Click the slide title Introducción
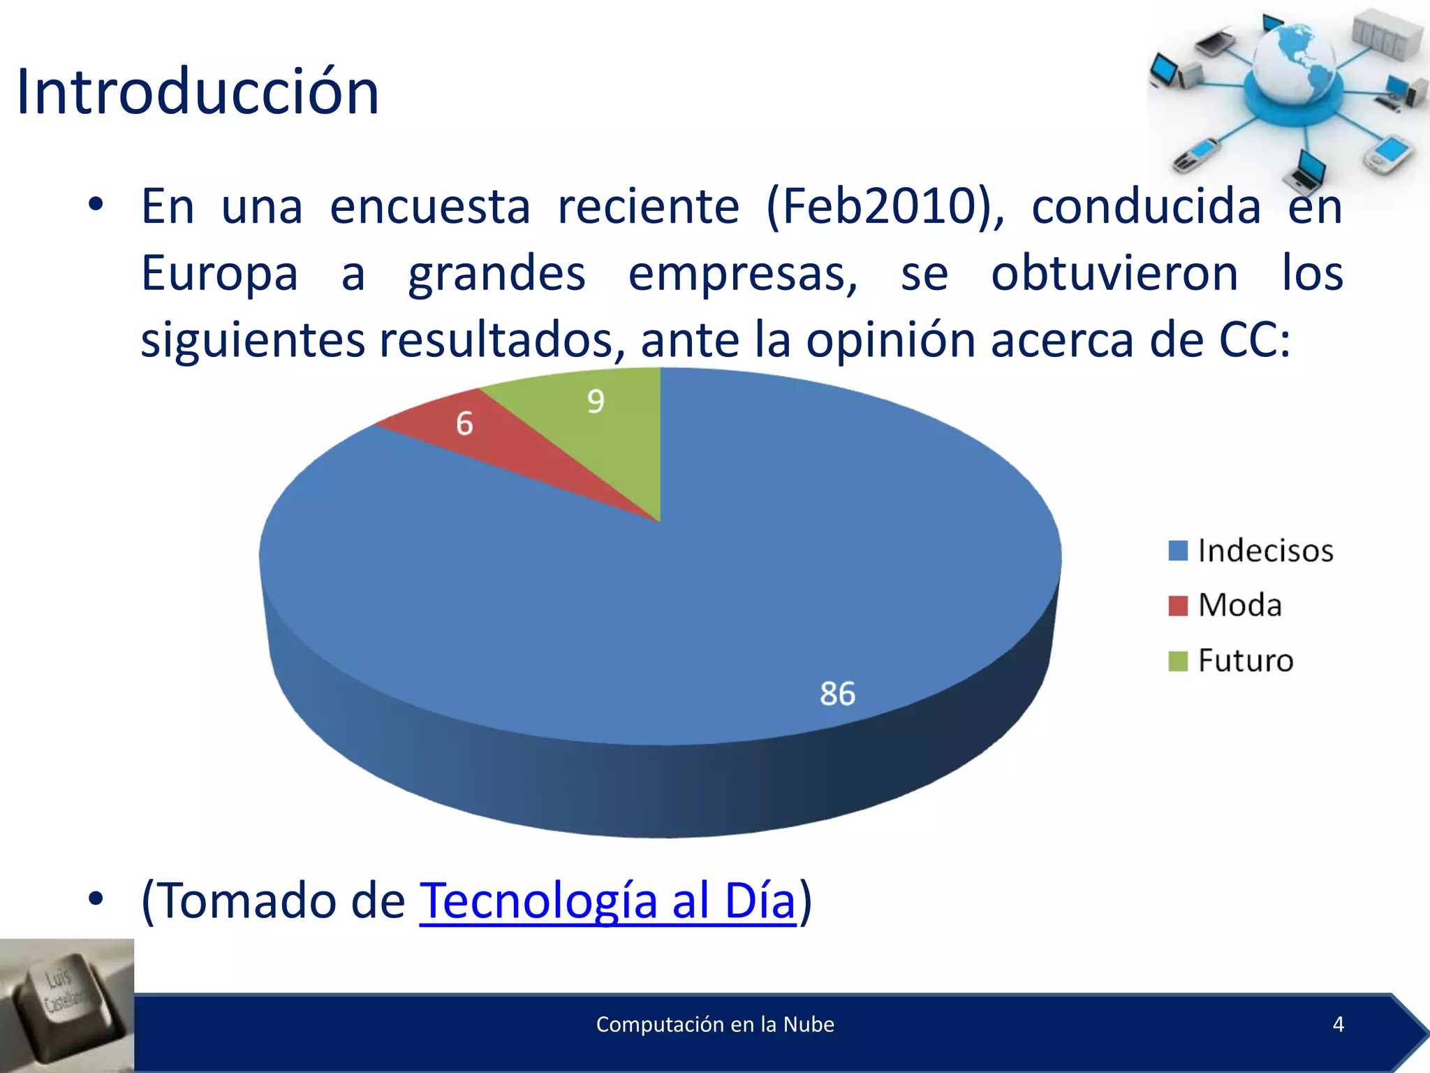(x=198, y=92)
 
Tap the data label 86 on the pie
(x=837, y=694)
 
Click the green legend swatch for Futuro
(x=1178, y=661)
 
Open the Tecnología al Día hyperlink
(x=607, y=900)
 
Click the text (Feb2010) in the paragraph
(x=885, y=207)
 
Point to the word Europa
(x=219, y=274)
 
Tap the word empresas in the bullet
(x=743, y=274)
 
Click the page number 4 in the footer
(x=1338, y=1024)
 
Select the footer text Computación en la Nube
(x=715, y=1024)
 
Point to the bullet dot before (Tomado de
(x=96, y=899)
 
